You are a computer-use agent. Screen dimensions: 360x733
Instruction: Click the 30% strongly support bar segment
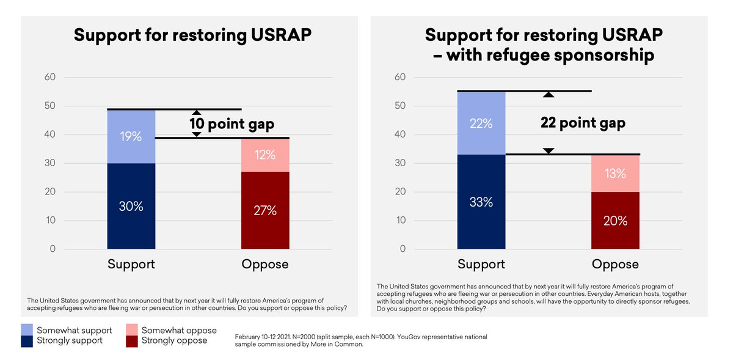pos(131,206)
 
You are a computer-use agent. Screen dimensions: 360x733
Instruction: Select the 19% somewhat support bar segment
pos(131,136)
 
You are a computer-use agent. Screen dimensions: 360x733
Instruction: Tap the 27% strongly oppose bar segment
pos(265,210)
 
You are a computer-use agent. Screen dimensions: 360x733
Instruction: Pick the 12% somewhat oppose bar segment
pos(265,155)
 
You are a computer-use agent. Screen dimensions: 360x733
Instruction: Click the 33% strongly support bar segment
pos(481,202)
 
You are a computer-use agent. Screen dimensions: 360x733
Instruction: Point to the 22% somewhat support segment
pos(481,123)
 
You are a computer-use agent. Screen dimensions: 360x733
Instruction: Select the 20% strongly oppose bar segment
pos(615,221)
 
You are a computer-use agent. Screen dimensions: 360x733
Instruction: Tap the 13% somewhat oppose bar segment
pos(615,174)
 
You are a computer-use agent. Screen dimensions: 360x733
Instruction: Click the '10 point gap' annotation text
pos(232,124)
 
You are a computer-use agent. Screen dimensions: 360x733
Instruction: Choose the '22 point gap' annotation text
pos(583,123)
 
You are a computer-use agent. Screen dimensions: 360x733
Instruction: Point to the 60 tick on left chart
pos(49,77)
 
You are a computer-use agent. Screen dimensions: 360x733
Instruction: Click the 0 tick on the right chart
pos(403,249)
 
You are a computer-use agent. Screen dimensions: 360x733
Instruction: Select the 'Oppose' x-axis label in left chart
pos(265,265)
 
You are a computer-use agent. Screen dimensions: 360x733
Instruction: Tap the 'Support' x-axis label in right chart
pos(481,265)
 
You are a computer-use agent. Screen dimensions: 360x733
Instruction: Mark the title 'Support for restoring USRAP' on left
pos(192,35)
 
